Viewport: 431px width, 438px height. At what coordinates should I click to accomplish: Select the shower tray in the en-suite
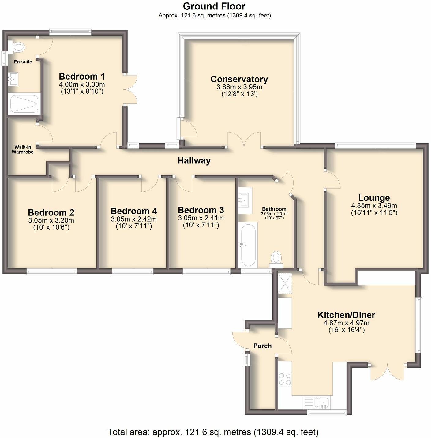tap(24, 104)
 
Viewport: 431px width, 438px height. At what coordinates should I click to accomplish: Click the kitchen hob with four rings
tap(285, 379)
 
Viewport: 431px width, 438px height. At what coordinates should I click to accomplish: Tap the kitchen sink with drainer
tap(316, 402)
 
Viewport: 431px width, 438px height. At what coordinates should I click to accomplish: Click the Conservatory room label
tap(239, 79)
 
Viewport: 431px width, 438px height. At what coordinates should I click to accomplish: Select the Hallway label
tap(194, 161)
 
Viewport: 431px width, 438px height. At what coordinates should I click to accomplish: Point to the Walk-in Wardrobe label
tap(23, 149)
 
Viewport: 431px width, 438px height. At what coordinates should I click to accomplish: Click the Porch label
tap(262, 346)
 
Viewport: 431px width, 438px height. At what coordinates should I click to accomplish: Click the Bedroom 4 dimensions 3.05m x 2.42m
tap(133, 219)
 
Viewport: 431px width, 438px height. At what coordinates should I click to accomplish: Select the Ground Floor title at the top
tap(214, 6)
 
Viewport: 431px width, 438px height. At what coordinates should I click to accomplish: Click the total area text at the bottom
tap(213, 432)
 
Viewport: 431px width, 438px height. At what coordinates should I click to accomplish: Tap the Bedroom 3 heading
tap(201, 210)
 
